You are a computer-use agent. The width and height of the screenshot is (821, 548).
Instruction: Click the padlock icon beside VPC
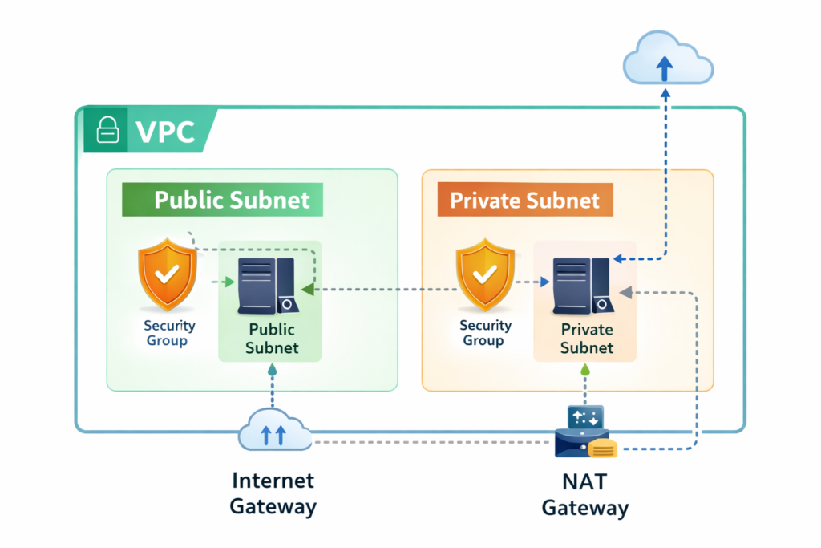coord(107,131)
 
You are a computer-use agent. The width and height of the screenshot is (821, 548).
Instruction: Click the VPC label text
coord(165,132)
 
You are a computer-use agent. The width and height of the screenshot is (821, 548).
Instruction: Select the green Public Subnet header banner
coord(222,199)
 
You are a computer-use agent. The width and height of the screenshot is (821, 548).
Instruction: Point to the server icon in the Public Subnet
coord(267,285)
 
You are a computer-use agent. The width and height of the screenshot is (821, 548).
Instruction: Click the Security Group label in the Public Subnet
coord(169,333)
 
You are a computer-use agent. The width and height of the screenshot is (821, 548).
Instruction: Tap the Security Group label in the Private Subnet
coord(485,333)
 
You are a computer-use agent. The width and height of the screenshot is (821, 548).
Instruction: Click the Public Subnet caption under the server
coord(271,339)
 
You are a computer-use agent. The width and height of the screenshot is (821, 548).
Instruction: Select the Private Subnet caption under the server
coord(586,339)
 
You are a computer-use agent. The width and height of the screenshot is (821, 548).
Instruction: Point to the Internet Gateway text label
coord(273,493)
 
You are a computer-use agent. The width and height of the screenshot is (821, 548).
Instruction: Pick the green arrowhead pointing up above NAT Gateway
coord(585,371)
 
